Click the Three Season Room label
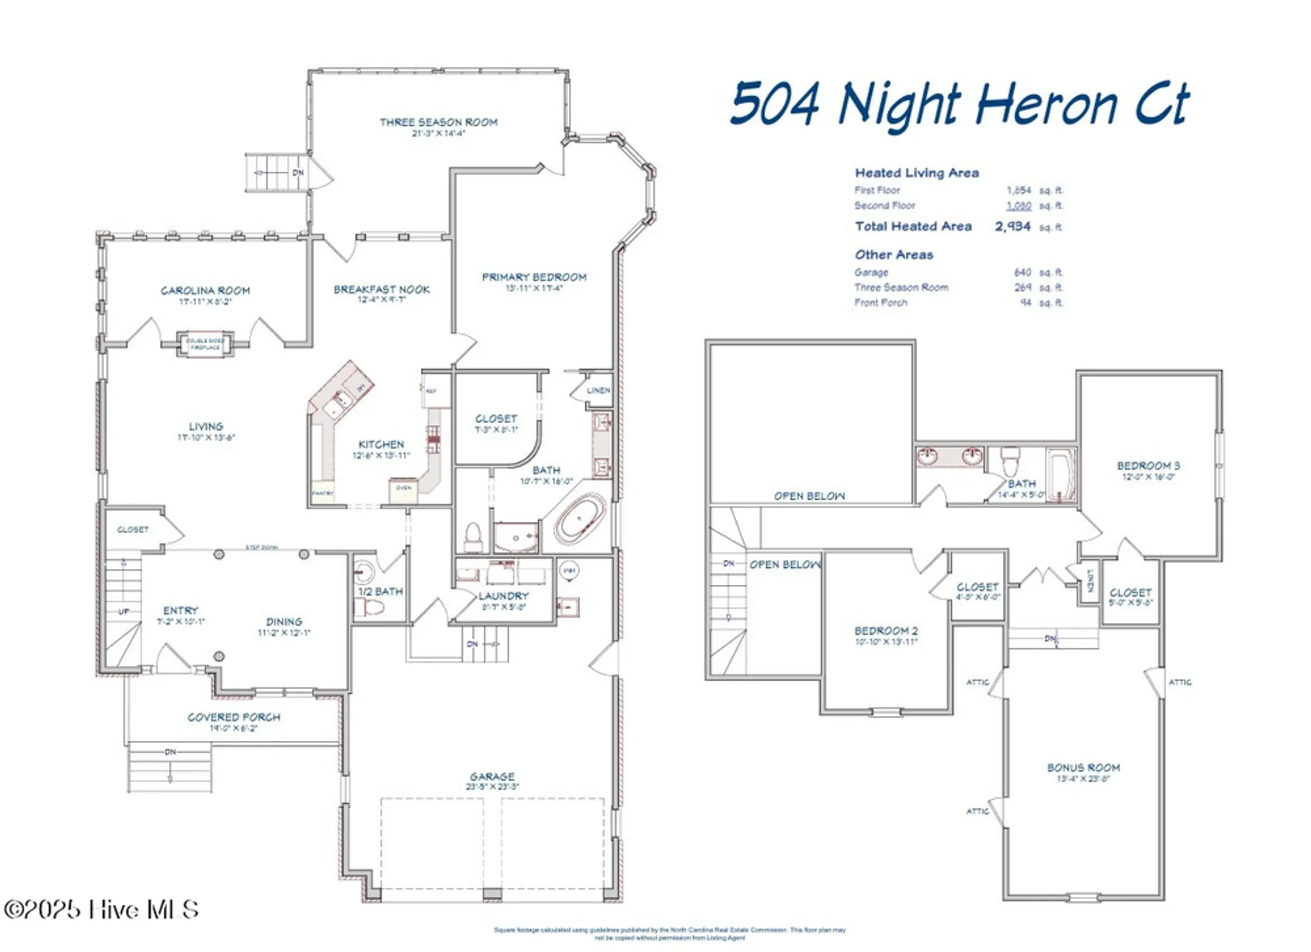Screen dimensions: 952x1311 pyautogui.click(x=439, y=122)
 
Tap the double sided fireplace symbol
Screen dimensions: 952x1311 pyautogui.click(x=205, y=344)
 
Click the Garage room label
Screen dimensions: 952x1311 pyautogui.click(x=492, y=776)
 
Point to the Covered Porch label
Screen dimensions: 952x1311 pyautogui.click(x=234, y=717)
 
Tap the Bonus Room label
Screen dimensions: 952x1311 pyautogui.click(x=1083, y=767)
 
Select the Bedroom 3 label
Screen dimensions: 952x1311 pyautogui.click(x=1148, y=466)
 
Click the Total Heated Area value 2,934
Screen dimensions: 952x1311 pyautogui.click(x=1012, y=227)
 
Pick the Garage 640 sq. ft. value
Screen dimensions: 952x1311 pyautogui.click(x=1022, y=272)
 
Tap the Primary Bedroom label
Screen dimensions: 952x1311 pyautogui.click(x=534, y=277)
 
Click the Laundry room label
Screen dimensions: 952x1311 pyautogui.click(x=503, y=596)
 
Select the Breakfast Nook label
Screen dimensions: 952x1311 pyautogui.click(x=382, y=289)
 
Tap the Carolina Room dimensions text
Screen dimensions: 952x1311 pyautogui.click(x=205, y=302)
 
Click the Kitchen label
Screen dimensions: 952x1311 pyautogui.click(x=381, y=444)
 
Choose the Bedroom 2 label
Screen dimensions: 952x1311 pyautogui.click(x=886, y=630)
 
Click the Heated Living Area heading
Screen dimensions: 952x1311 pyautogui.click(x=916, y=173)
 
